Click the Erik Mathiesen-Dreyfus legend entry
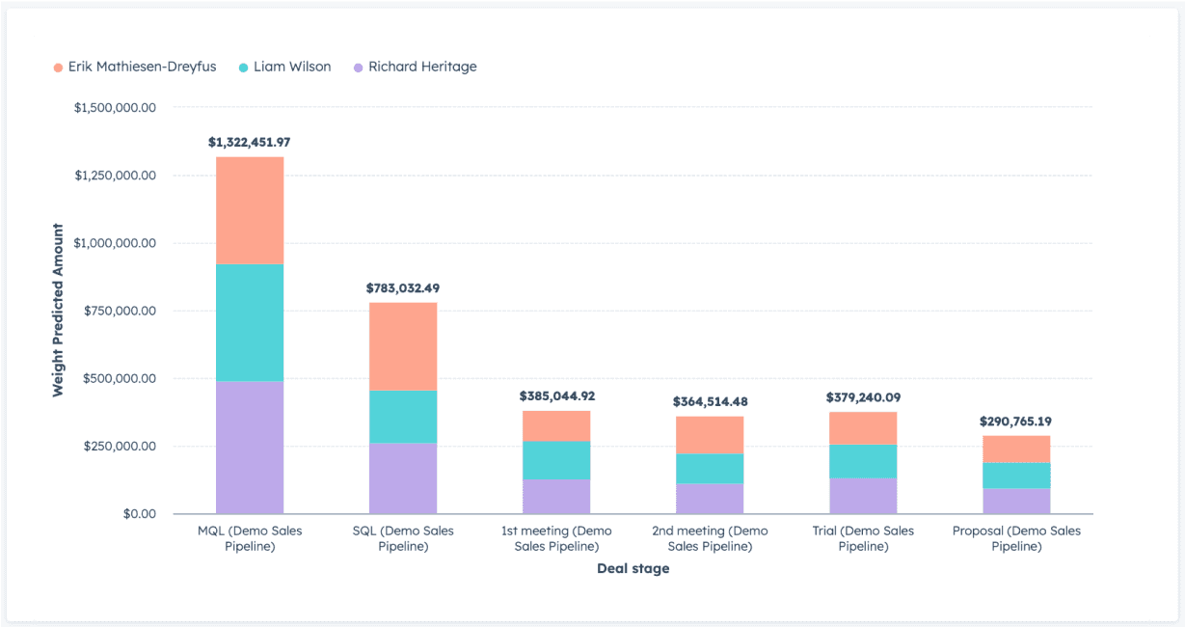[135, 68]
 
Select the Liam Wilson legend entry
[285, 68]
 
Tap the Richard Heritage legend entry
[416, 68]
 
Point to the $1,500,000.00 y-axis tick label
[115, 108]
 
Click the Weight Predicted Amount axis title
[58, 311]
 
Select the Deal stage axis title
[633, 569]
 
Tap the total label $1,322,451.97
[249, 142]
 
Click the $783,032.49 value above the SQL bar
[403, 287]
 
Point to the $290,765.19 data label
[1016, 422]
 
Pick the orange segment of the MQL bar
[249, 210]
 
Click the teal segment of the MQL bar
[249, 322]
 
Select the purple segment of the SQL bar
[403, 477]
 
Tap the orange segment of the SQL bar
[403, 346]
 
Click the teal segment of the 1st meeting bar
[556, 460]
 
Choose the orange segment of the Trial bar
[863, 428]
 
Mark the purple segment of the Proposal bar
[1016, 501]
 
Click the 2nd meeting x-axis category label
[710, 538]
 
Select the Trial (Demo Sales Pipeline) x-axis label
[863, 538]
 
